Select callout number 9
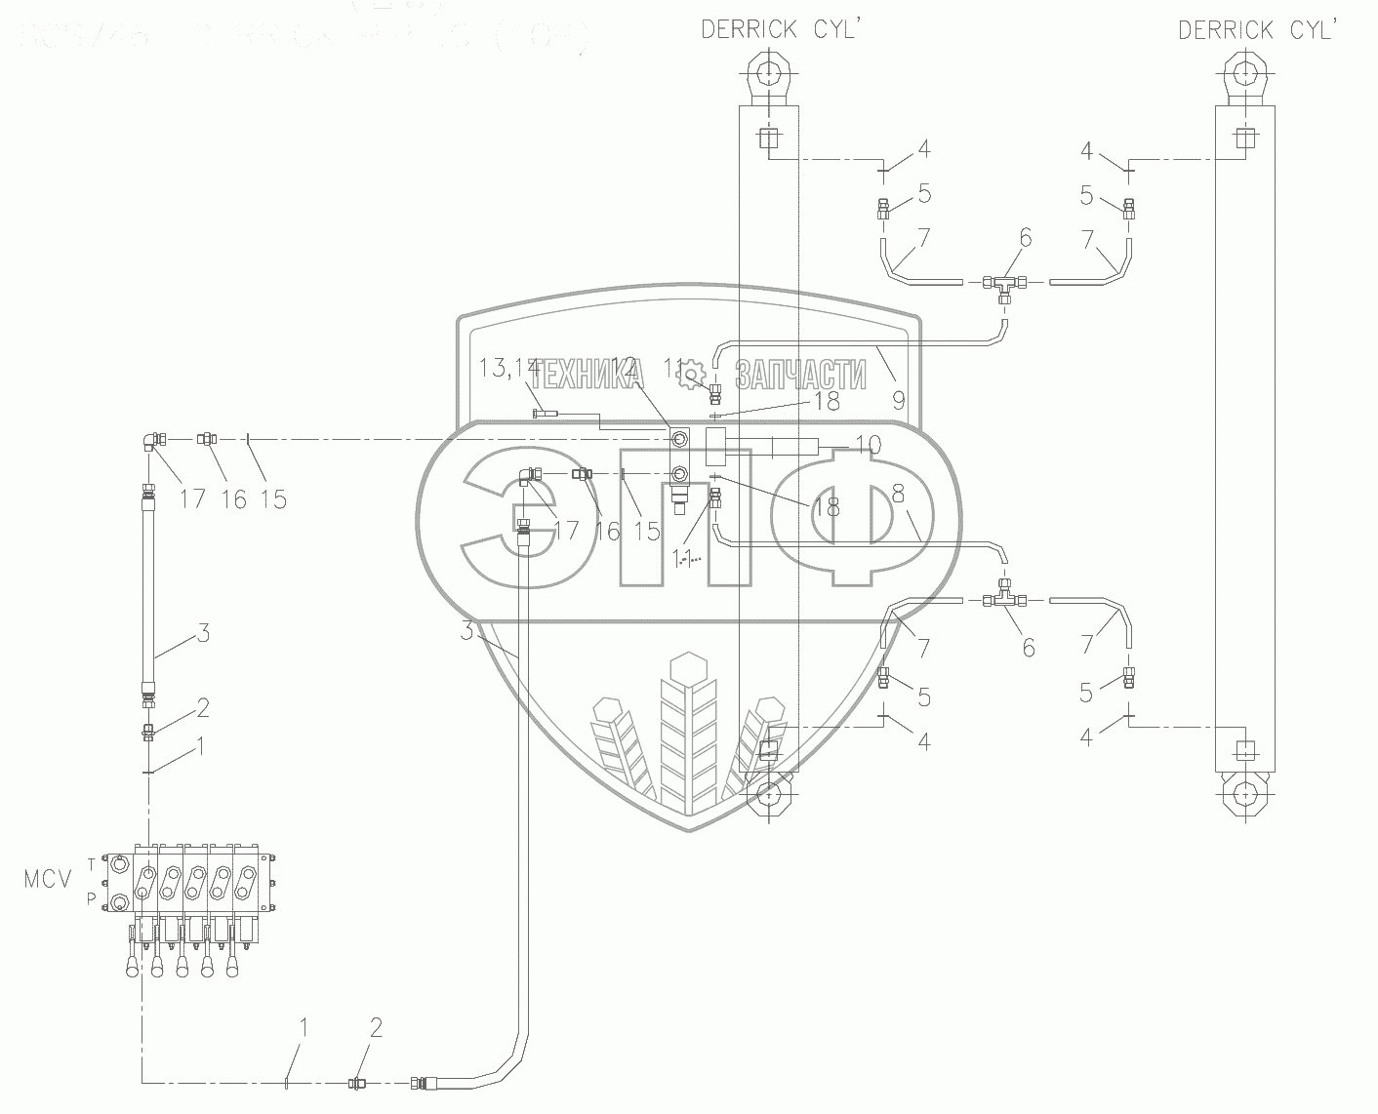click(x=898, y=398)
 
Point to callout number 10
click(x=869, y=446)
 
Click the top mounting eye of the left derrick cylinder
click(x=768, y=74)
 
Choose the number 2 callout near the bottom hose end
click(x=376, y=1026)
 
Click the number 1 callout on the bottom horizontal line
click(x=304, y=1026)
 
